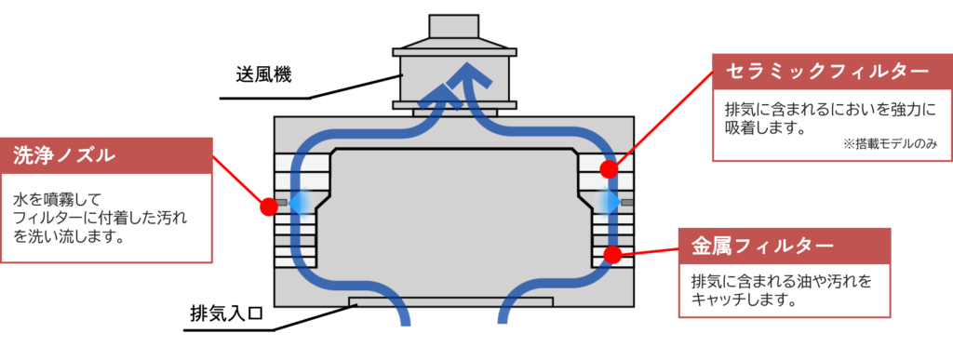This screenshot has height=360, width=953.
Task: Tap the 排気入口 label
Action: (x=226, y=314)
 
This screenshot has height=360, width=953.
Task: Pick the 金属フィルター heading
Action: (x=761, y=246)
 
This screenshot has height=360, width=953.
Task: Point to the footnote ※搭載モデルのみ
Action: (x=889, y=144)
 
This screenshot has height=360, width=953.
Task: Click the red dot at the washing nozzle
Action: (x=268, y=207)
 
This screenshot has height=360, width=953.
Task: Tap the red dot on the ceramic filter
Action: (x=610, y=168)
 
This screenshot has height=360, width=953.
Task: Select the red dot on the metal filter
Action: (x=612, y=255)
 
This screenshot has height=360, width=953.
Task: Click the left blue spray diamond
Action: (x=302, y=201)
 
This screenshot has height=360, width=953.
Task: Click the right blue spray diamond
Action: (x=607, y=201)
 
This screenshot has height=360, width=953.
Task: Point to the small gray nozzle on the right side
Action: (x=627, y=202)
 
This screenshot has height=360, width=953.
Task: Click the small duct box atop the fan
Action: (x=454, y=27)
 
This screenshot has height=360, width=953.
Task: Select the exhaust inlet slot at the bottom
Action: (x=451, y=301)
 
